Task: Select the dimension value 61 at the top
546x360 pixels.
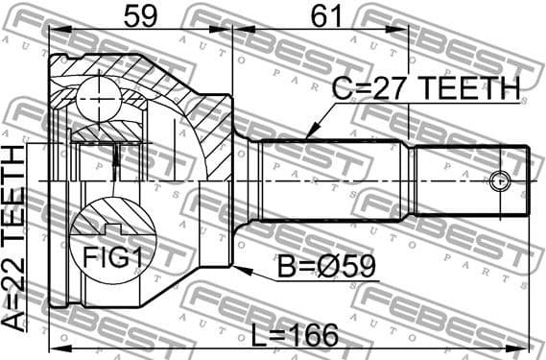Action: tap(326, 16)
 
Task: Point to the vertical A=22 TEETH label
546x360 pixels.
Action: tap(16, 247)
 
